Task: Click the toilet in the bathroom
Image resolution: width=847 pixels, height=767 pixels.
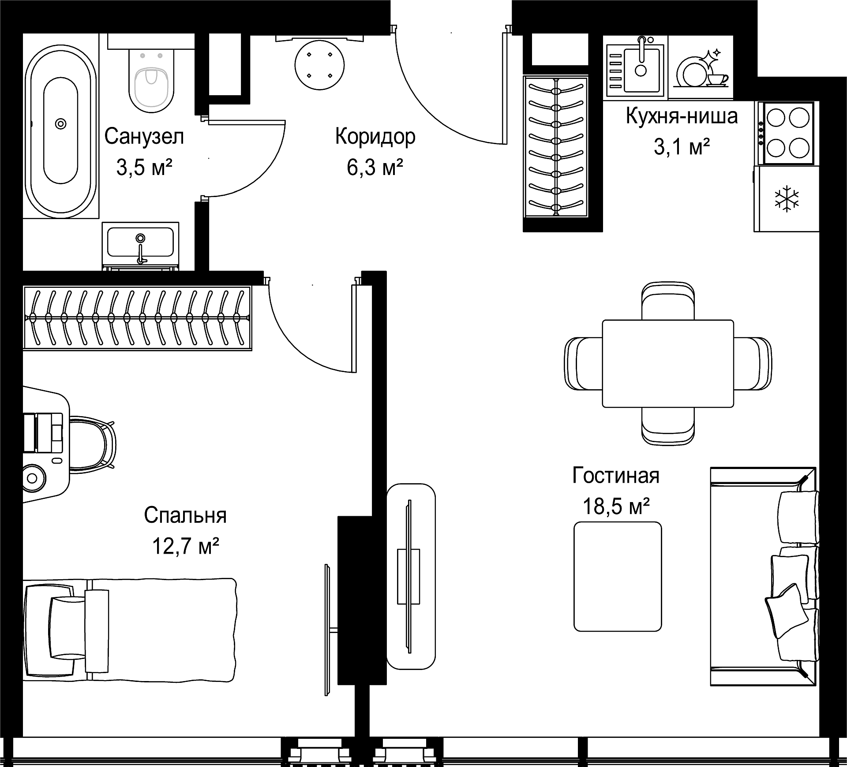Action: [151, 79]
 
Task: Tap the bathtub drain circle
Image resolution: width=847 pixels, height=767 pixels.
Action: [60, 124]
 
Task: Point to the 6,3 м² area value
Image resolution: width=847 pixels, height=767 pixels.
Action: [375, 168]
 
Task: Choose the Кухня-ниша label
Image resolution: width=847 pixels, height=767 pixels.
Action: [682, 116]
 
